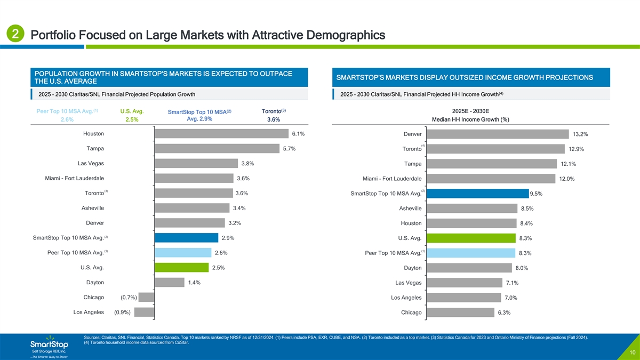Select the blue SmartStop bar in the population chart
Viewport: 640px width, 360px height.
click(x=186, y=238)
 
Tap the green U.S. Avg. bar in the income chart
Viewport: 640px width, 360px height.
click(x=471, y=238)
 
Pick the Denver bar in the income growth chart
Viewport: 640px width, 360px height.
click(x=497, y=134)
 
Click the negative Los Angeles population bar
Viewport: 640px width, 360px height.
click(x=144, y=313)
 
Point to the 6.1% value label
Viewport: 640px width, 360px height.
click(x=298, y=134)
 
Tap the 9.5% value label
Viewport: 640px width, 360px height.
click(x=537, y=194)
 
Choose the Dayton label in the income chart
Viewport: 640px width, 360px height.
click(x=411, y=268)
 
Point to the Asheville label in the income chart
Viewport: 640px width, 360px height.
click(x=410, y=209)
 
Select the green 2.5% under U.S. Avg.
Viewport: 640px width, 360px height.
click(x=132, y=119)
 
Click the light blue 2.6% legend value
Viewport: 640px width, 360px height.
click(x=67, y=119)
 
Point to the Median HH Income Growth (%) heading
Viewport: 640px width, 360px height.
click(x=470, y=119)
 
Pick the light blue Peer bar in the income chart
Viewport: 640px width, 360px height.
click(x=470, y=253)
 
